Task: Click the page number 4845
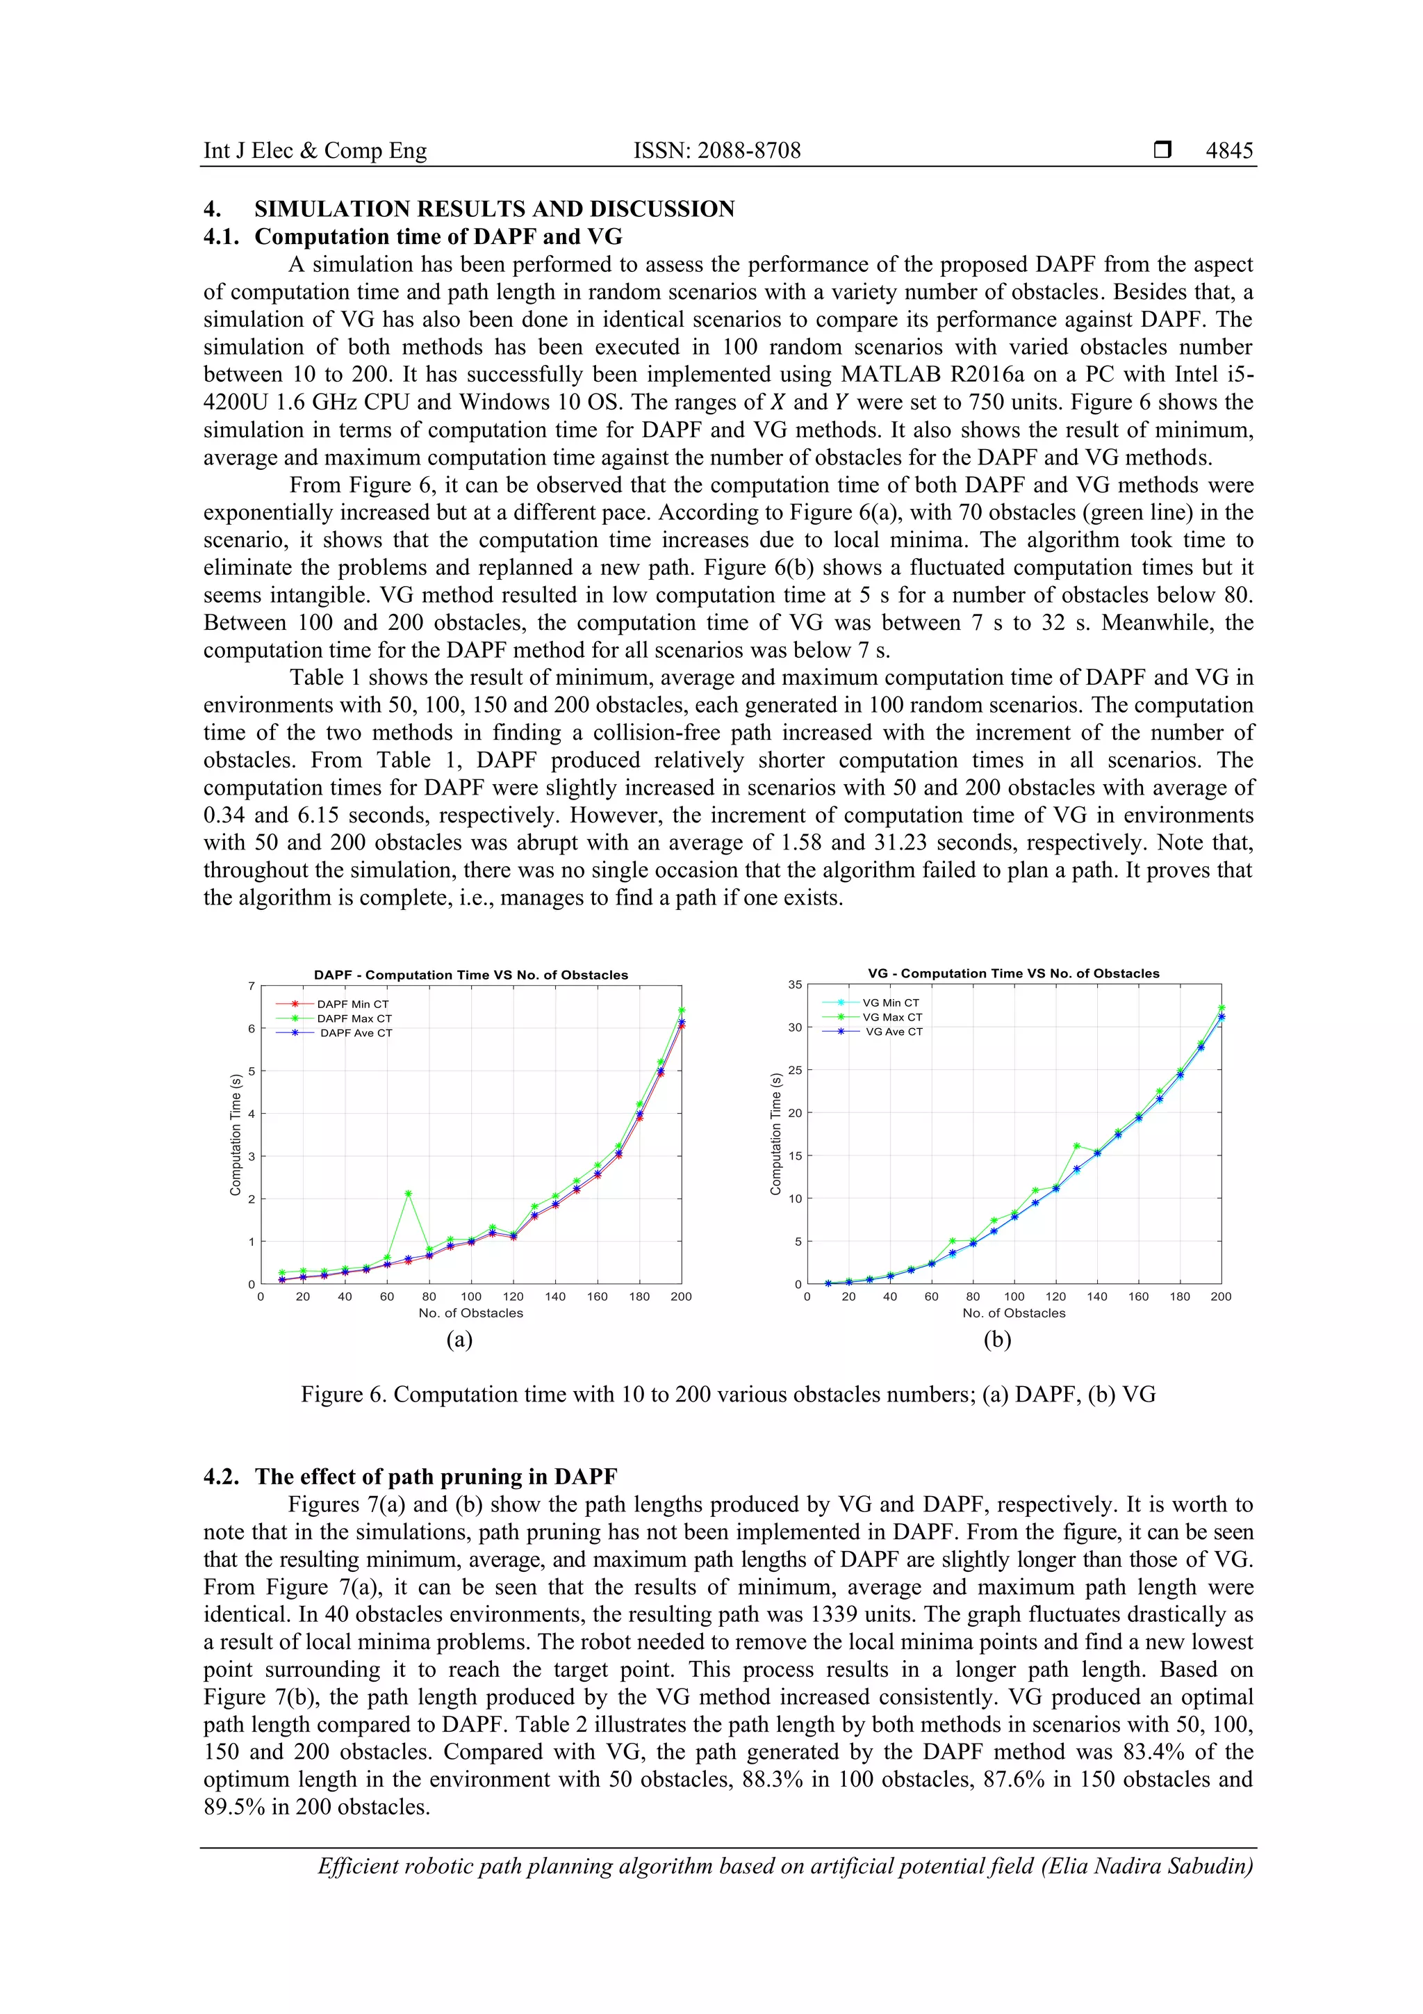point(1228,151)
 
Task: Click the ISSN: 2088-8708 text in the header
point(716,151)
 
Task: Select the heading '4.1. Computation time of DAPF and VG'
point(412,237)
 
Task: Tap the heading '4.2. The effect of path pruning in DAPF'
point(411,1477)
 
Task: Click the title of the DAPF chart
point(471,975)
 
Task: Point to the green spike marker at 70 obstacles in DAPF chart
point(409,1193)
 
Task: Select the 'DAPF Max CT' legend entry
point(354,1018)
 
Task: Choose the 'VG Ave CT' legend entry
point(894,1032)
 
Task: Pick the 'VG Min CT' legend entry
point(890,1002)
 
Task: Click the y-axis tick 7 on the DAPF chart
point(251,986)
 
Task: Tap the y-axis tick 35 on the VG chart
point(794,984)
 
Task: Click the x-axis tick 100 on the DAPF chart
point(471,1297)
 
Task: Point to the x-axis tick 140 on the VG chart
point(1097,1297)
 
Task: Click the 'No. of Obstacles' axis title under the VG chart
point(1014,1313)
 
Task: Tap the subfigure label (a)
point(459,1340)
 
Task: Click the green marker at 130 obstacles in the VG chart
point(1077,1146)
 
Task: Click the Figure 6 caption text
point(727,1395)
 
